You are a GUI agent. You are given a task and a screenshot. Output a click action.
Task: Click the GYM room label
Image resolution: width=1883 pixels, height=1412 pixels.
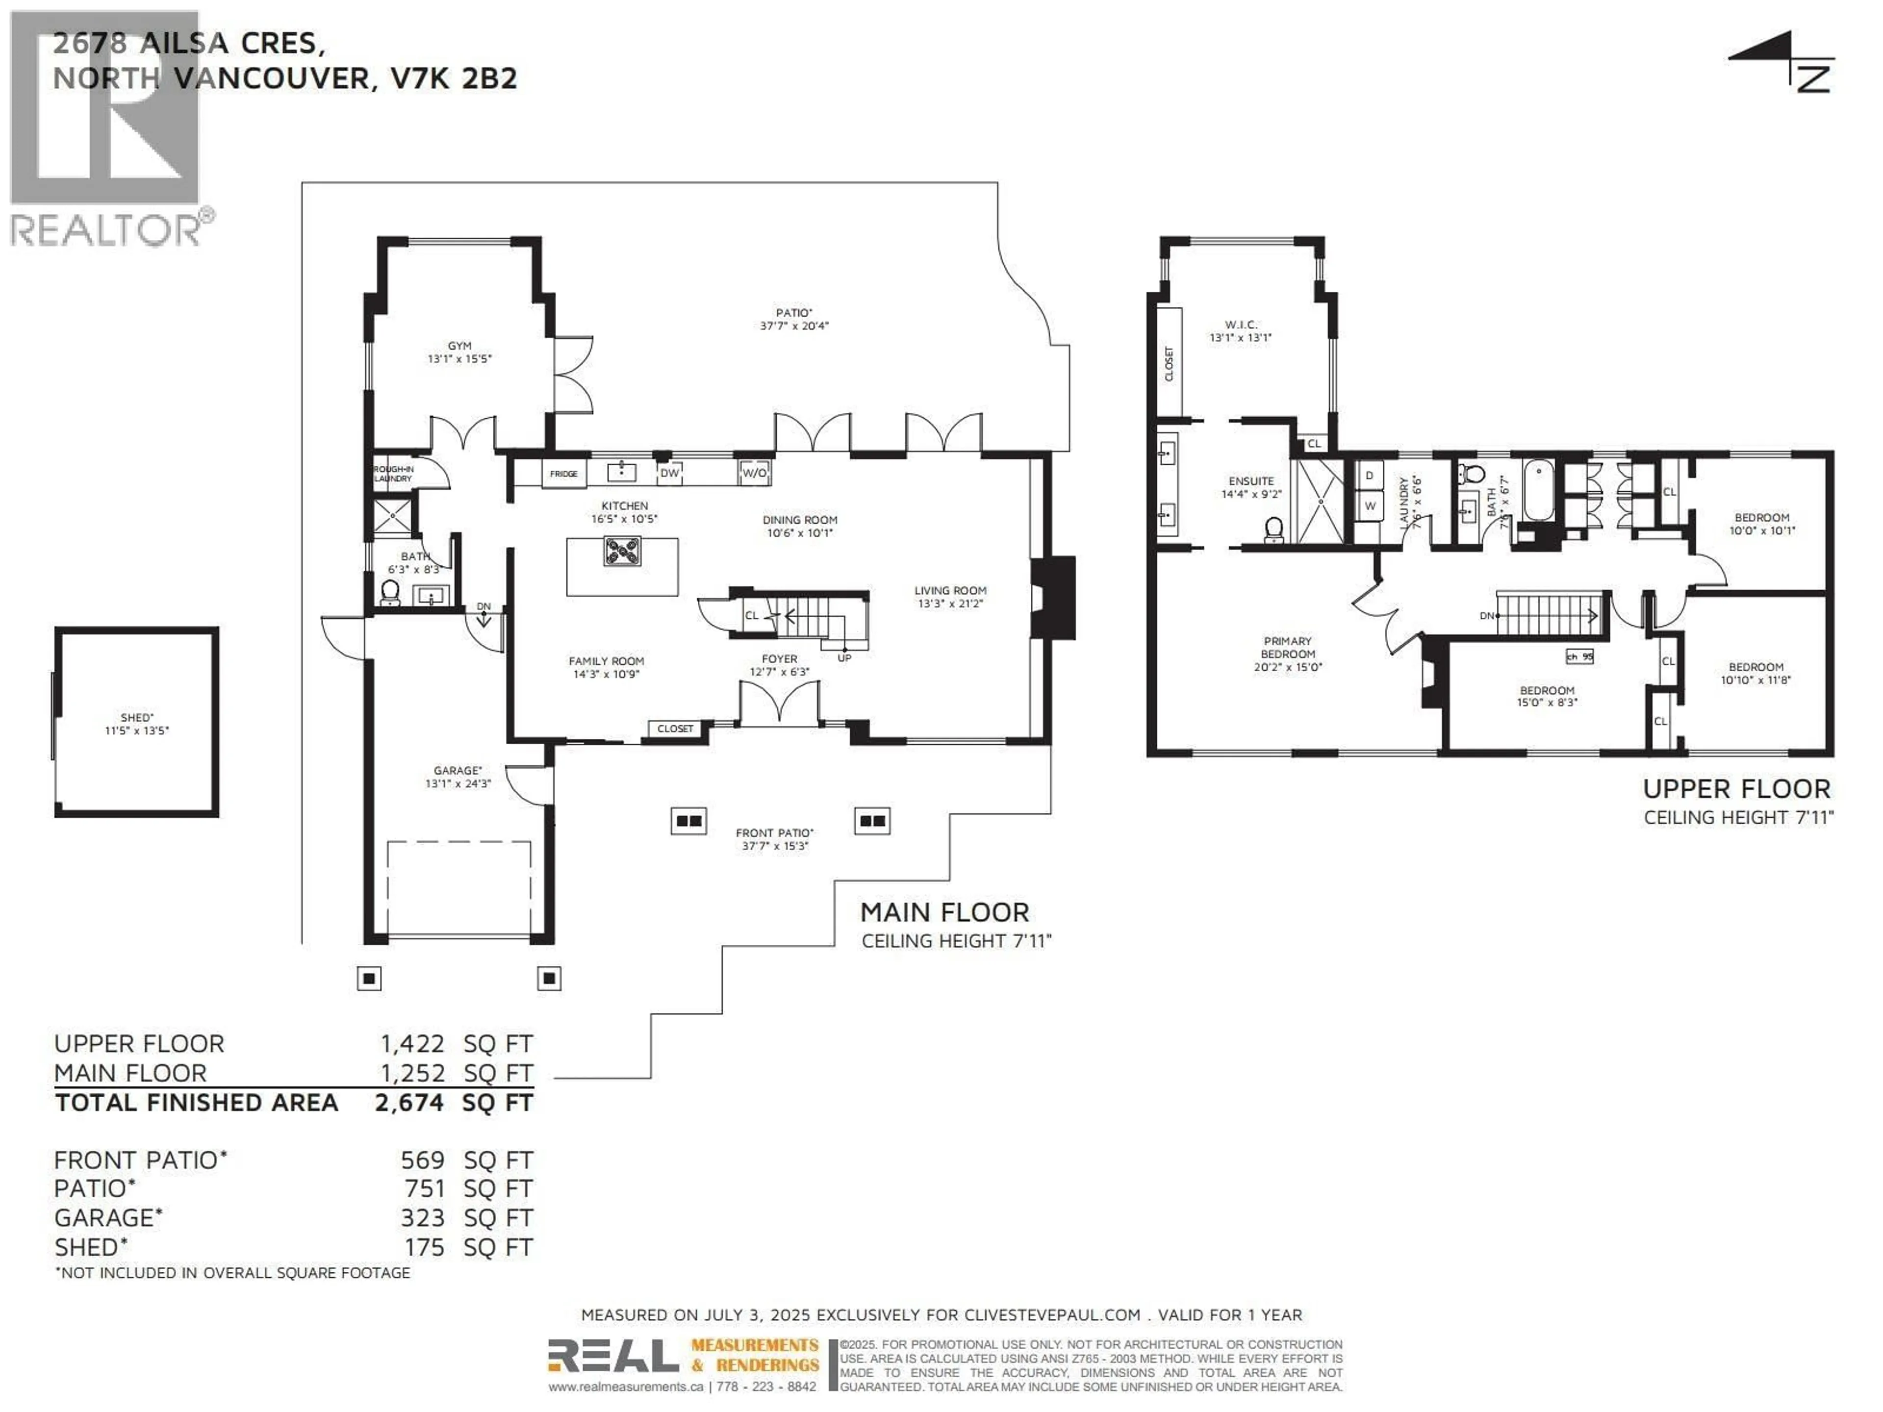tap(459, 346)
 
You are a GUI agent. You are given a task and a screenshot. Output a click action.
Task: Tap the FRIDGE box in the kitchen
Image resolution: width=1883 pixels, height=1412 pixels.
tap(563, 473)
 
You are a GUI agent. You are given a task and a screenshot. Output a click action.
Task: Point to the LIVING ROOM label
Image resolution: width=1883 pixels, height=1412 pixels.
tap(950, 590)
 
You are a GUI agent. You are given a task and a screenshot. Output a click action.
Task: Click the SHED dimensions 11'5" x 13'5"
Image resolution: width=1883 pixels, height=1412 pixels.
tap(136, 730)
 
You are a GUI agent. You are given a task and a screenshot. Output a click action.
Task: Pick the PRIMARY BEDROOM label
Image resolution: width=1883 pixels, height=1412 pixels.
tap(1287, 647)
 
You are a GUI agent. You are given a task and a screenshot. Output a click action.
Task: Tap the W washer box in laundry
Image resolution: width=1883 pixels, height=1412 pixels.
tap(1370, 505)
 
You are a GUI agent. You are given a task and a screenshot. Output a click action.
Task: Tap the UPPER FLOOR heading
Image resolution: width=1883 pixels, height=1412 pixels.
tap(1736, 789)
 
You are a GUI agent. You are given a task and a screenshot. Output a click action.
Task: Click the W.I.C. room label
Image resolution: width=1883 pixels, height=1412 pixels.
tap(1240, 324)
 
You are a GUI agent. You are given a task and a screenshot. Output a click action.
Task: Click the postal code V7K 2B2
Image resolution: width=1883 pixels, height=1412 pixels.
tap(453, 78)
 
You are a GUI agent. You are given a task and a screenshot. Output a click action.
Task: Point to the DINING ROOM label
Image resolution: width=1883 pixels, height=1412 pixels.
tap(799, 519)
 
